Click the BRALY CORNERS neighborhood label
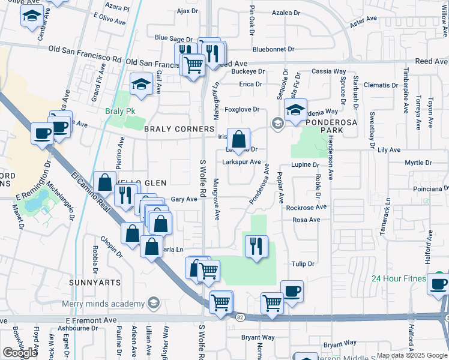[x=178, y=129]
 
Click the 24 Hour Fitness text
[x=397, y=278]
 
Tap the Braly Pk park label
[x=118, y=112]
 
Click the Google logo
[x=20, y=353]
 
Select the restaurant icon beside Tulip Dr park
[x=257, y=245]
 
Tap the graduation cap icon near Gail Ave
[x=141, y=84]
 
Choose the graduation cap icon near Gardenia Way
[x=295, y=110]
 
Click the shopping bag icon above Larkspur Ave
[x=238, y=140]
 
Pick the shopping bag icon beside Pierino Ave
[x=105, y=182]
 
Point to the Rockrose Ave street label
[x=306, y=207]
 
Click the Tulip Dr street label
[x=303, y=263]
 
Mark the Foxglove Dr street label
[x=242, y=109]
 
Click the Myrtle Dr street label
[x=418, y=163]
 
